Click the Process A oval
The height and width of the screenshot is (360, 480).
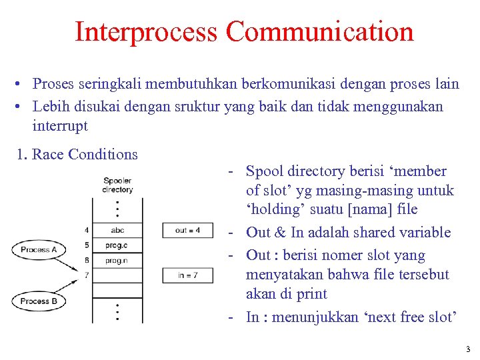click(39, 250)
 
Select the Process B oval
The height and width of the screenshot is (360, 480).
click(39, 301)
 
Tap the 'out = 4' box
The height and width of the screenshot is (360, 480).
click(187, 231)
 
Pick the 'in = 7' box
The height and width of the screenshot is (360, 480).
click(187, 275)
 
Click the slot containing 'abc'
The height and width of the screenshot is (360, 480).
click(117, 231)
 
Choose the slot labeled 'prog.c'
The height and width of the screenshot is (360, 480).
click(117, 245)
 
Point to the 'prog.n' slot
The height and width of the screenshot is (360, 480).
click(117, 260)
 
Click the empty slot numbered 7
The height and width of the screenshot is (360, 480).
click(117, 275)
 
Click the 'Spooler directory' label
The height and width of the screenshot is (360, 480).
click(117, 185)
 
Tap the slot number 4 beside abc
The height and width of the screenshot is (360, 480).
click(87, 231)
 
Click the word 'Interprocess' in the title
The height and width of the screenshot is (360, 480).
click(147, 31)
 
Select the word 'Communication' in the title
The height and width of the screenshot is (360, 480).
click(319, 31)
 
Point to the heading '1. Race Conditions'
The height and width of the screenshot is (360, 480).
click(77, 155)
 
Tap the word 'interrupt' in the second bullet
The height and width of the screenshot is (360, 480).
click(60, 125)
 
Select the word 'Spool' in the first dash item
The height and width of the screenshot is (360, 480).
click(264, 171)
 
